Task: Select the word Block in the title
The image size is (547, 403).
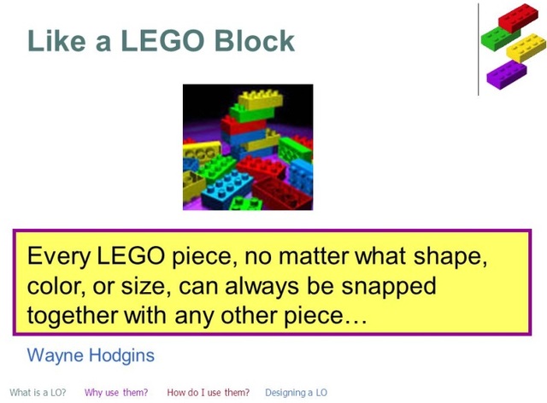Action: click(255, 40)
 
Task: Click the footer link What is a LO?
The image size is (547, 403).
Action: click(38, 393)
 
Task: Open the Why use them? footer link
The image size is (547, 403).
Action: click(116, 393)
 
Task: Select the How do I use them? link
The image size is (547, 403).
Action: click(208, 393)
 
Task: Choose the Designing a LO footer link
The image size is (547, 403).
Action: click(296, 393)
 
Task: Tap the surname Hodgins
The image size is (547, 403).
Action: click(126, 353)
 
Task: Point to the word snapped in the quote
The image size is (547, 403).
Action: click(391, 284)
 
